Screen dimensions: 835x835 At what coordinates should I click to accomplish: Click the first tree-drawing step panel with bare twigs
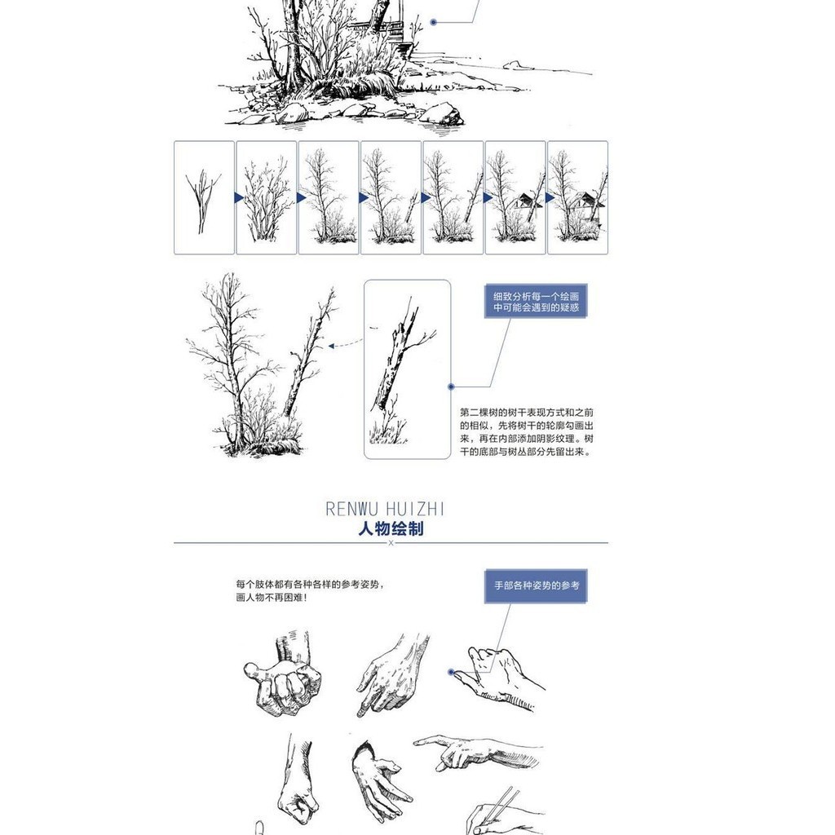pyautogui.click(x=204, y=197)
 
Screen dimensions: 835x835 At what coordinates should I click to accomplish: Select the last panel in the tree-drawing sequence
pyautogui.click(x=578, y=197)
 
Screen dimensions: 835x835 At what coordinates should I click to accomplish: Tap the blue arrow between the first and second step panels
pyautogui.click(x=239, y=198)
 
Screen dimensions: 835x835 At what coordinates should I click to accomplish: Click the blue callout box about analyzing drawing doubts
pyautogui.click(x=536, y=302)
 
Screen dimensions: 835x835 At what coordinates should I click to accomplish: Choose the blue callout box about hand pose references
pyautogui.click(x=536, y=585)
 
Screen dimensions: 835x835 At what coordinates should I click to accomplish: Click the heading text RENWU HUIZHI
pyautogui.click(x=385, y=509)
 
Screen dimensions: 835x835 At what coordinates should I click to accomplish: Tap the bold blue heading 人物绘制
pyautogui.click(x=391, y=528)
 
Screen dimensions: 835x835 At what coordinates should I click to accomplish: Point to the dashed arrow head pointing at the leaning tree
pyautogui.click(x=331, y=346)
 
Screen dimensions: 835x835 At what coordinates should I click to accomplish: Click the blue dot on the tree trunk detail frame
pyautogui.click(x=451, y=387)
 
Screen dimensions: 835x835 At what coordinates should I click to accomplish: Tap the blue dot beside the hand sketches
pyautogui.click(x=451, y=672)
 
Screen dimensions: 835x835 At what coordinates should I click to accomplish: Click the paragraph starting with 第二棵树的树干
pyautogui.click(x=527, y=432)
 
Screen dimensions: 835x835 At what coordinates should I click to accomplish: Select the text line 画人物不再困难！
pyautogui.click(x=272, y=598)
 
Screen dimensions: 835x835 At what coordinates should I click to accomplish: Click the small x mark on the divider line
pyautogui.click(x=391, y=543)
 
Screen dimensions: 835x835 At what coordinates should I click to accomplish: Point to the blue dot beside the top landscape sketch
pyautogui.click(x=434, y=22)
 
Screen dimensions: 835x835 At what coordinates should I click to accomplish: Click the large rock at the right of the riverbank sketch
pyautogui.click(x=441, y=114)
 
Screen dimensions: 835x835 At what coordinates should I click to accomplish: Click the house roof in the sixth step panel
pyautogui.click(x=524, y=201)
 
